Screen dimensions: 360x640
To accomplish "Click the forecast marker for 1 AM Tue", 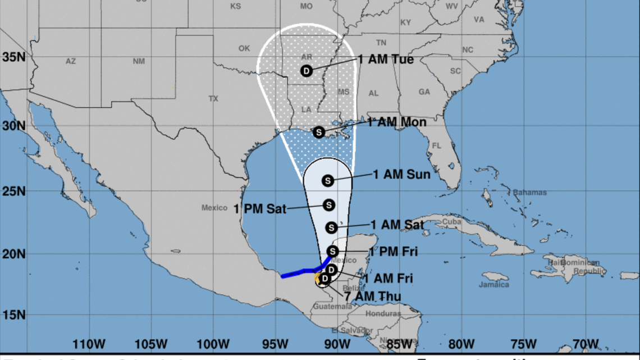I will (306, 71).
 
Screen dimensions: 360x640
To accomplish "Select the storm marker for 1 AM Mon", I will (318, 132).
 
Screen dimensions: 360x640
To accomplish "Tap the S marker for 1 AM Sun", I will (328, 180).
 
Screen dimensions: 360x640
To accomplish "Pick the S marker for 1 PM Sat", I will (329, 206).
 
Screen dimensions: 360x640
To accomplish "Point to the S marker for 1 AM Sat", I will (331, 227).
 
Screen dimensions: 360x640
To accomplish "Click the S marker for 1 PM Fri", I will (332, 251).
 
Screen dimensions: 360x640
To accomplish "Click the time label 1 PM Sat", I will (260, 209).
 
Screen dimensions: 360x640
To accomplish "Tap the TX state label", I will (213, 99).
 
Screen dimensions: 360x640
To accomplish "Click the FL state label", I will (437, 146).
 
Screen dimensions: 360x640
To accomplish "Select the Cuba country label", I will (436, 221).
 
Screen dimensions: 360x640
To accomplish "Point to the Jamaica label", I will (495, 285).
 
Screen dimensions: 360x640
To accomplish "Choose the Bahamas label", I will (529, 193).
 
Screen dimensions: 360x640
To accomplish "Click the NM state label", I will (139, 61).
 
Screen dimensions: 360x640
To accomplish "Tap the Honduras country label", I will (383, 314).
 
